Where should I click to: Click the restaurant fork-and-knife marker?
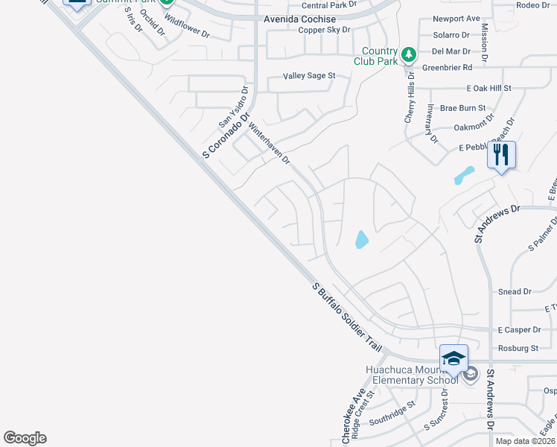click(x=501, y=155)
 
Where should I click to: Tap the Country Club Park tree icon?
click(x=408, y=54)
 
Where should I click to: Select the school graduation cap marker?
click(x=453, y=358)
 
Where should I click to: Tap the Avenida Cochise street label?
click(x=296, y=19)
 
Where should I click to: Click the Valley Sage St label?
click(x=309, y=76)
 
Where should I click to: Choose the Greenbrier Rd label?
click(x=448, y=67)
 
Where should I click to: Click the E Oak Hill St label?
click(x=488, y=88)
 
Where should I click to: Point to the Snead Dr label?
click(x=515, y=292)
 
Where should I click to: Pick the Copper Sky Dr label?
click(x=324, y=30)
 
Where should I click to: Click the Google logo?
click(x=25, y=438)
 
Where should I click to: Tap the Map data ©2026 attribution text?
click(x=524, y=441)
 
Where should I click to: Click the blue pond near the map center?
click(x=361, y=239)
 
